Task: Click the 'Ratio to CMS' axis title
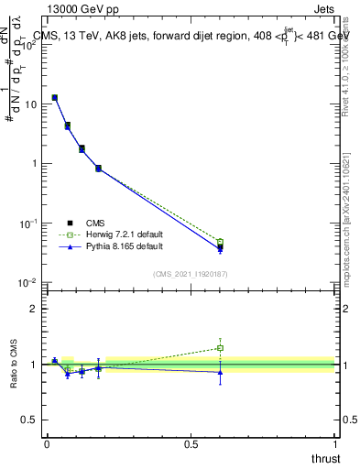14,365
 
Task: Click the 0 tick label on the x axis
47,443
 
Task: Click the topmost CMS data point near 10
55,97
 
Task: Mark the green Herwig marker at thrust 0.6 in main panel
220,242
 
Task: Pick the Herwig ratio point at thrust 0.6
220,348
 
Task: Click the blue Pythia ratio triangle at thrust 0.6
220,372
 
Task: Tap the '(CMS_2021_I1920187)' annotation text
191,274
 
